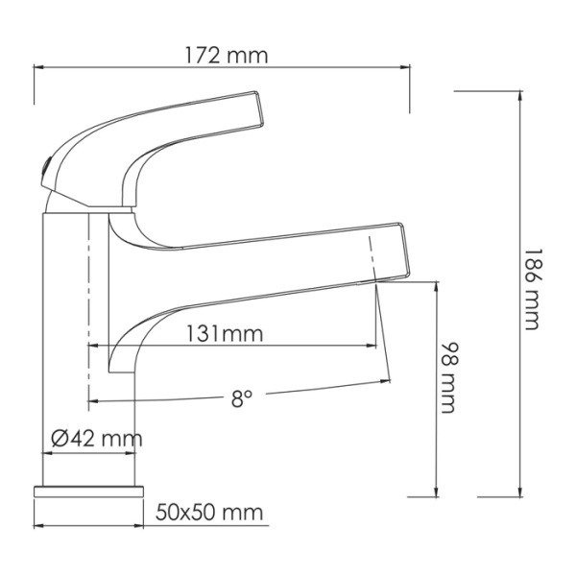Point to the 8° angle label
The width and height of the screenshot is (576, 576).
click(x=241, y=398)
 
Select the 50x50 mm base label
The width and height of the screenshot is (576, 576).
click(x=208, y=512)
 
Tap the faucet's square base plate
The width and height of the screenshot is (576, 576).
click(x=88, y=491)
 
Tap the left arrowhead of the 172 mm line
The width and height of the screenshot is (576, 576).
click(x=39, y=67)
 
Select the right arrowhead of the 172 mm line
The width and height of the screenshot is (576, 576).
click(x=408, y=67)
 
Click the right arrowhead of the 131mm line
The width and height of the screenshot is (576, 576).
click(x=375, y=345)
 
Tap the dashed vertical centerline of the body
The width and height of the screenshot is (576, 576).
click(x=88, y=288)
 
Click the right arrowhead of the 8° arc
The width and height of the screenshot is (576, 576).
click(x=388, y=380)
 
